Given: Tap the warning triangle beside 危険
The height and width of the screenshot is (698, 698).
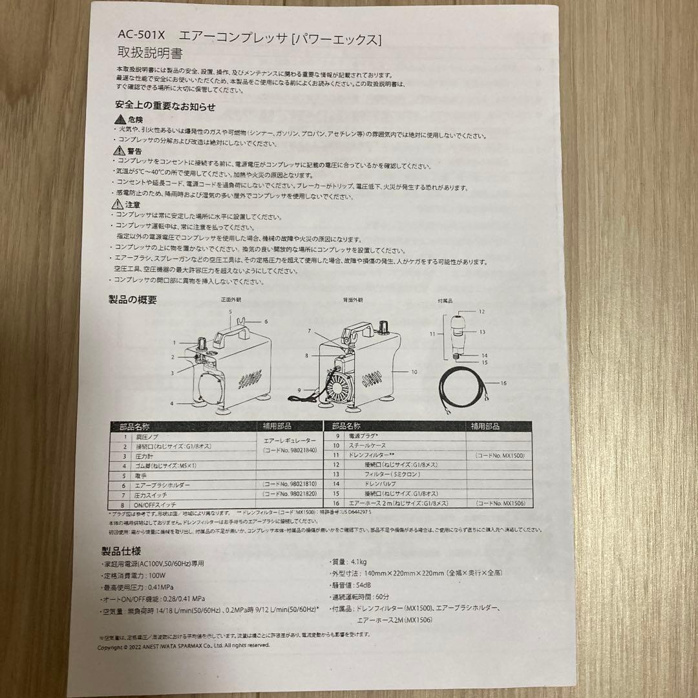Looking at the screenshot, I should pyautogui.click(x=120, y=120).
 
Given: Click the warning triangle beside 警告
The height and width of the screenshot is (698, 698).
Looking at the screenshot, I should pyautogui.click(x=119, y=151).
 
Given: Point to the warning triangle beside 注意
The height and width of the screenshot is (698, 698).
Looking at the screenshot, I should pyautogui.click(x=118, y=204).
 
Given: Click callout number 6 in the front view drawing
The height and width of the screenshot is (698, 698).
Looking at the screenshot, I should pyautogui.click(x=265, y=321).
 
